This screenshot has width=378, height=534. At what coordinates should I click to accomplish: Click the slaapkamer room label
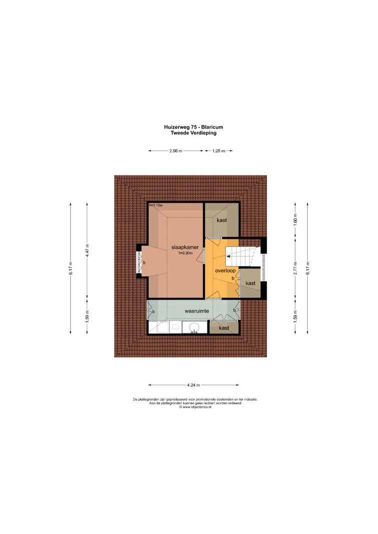click(x=185, y=248)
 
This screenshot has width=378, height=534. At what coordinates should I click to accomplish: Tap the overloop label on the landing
click(x=225, y=271)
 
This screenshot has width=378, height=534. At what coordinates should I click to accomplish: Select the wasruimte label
click(x=197, y=311)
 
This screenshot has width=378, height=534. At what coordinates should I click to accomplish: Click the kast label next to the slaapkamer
click(x=222, y=220)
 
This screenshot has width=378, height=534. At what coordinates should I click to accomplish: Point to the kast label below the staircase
click(x=250, y=283)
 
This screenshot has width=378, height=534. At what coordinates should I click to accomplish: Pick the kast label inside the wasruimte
click(x=224, y=328)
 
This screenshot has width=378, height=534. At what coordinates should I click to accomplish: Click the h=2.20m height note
click(x=186, y=253)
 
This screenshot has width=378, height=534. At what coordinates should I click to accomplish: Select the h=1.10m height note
click(x=156, y=205)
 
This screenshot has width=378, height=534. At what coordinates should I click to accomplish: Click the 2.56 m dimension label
click(x=176, y=151)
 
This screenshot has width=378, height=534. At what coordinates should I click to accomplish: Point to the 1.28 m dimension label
click(x=219, y=151)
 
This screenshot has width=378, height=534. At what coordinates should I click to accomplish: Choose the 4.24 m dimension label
click(x=193, y=385)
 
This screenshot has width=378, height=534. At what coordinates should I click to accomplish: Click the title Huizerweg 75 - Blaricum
click(x=193, y=127)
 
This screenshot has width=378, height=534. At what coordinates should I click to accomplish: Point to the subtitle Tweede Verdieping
click(x=193, y=133)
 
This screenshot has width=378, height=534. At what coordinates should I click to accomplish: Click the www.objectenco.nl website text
click(x=195, y=407)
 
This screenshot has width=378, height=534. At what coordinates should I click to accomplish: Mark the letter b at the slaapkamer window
click(x=144, y=263)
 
